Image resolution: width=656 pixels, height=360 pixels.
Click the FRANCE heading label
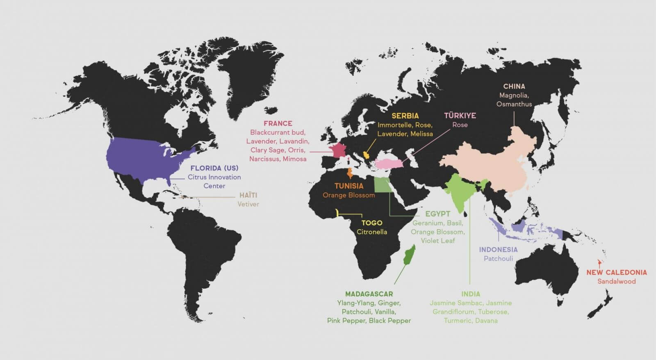click(x=278, y=123)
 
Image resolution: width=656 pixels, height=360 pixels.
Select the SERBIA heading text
click(x=405, y=116)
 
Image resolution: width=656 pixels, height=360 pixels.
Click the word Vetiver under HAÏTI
click(x=248, y=204)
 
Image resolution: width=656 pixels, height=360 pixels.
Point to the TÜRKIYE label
click(x=460, y=116)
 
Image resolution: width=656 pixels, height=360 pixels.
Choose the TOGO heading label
click(x=371, y=223)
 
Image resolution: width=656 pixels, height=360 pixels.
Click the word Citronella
click(x=371, y=232)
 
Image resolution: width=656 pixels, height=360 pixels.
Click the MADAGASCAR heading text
click(x=369, y=294)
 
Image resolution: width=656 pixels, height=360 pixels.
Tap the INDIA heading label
click(x=470, y=294)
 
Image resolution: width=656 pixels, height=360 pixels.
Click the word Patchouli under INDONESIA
click(x=498, y=259)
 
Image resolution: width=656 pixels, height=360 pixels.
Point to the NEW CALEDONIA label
click(x=616, y=272)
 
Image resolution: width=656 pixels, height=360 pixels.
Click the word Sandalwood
click(x=616, y=281)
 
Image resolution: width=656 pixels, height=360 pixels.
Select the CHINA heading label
click(x=514, y=87)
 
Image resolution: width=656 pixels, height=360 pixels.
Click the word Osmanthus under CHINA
click(x=514, y=104)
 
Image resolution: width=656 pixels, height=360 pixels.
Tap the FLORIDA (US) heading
click(x=214, y=168)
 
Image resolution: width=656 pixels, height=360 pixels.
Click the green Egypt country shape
click(x=382, y=185)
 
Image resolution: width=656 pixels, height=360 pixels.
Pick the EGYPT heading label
click(x=437, y=214)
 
